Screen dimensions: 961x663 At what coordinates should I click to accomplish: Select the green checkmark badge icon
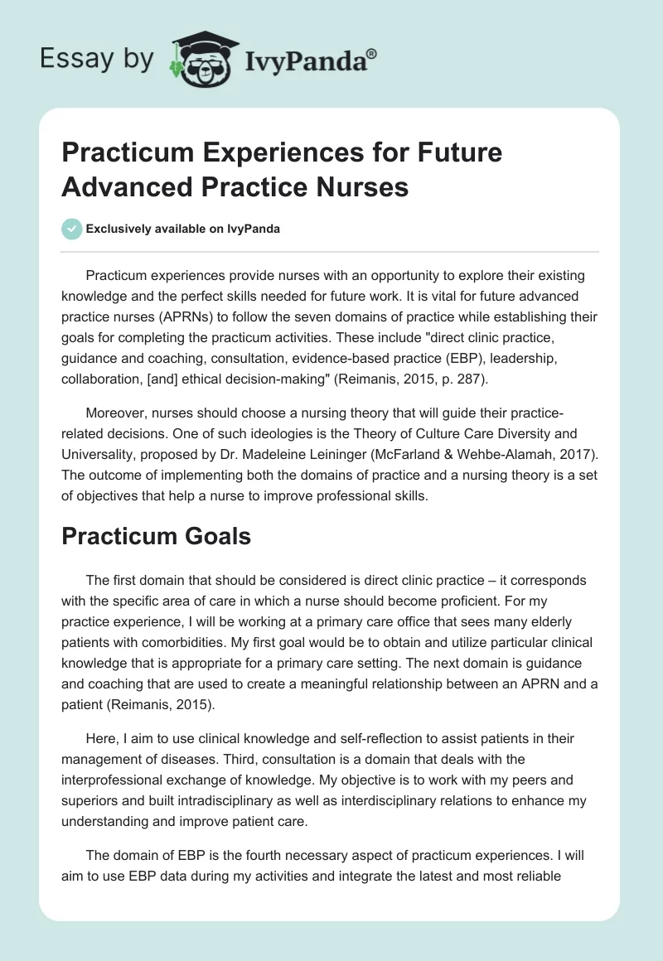tap(72, 229)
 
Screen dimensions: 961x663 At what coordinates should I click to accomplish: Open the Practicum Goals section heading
tap(157, 536)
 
